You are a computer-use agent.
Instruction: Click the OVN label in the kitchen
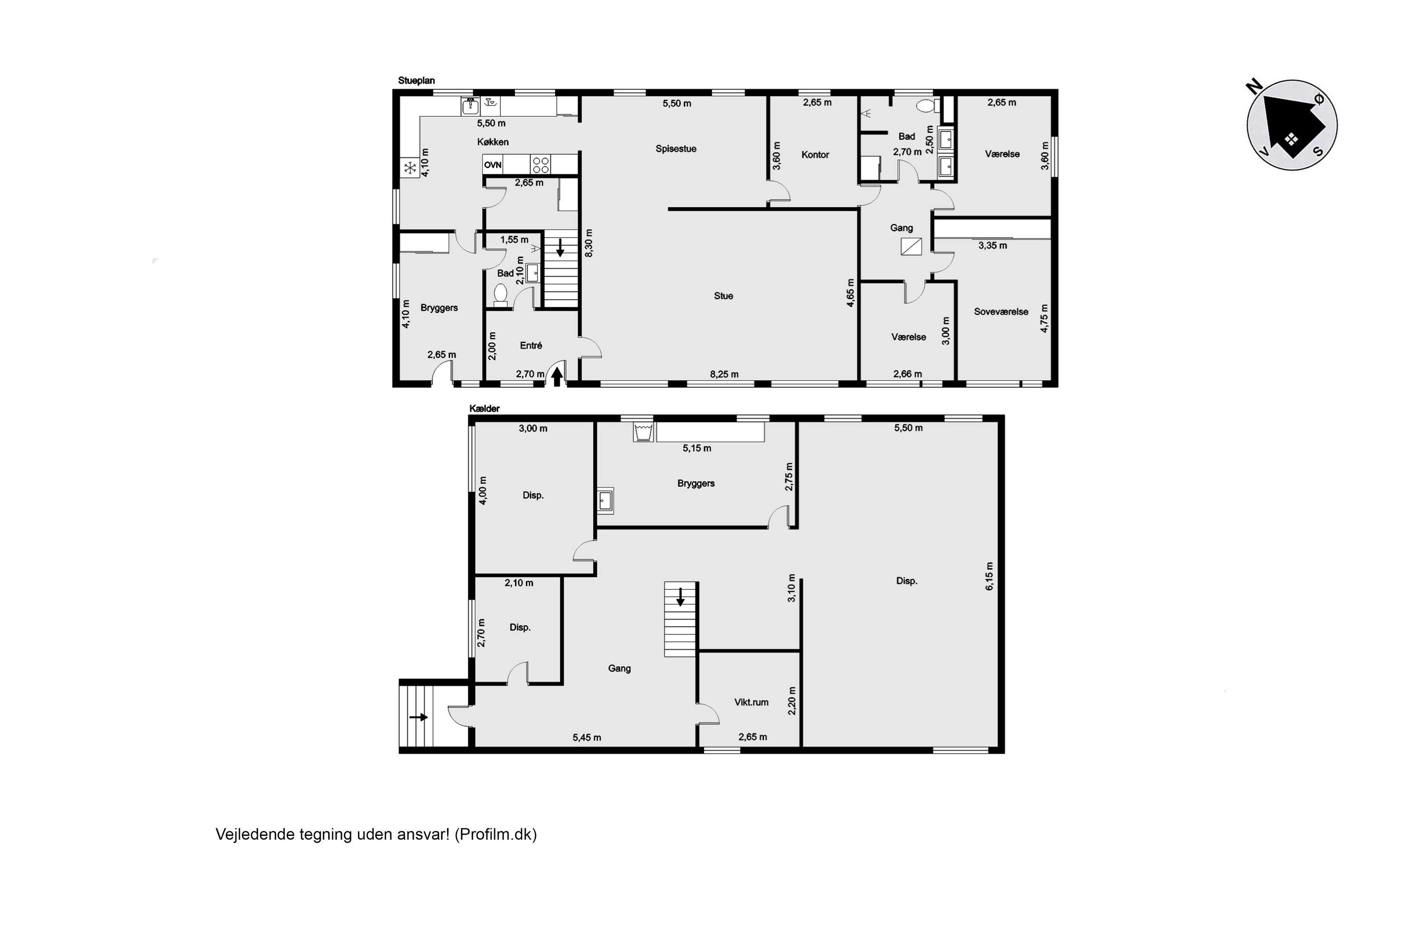[493, 165]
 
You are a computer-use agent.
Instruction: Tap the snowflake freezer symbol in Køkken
[410, 168]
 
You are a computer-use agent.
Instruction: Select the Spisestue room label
[676, 148]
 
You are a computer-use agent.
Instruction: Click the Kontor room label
[815, 155]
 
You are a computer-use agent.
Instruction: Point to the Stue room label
[723, 296]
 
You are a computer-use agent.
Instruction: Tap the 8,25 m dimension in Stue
[724, 374]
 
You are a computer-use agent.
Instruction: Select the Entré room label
[531, 345]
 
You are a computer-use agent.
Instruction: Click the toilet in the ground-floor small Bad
[500, 294]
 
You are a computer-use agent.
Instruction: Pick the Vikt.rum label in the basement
[751, 702]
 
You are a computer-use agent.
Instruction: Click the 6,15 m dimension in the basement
[989, 576]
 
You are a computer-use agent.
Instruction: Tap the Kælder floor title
[484, 409]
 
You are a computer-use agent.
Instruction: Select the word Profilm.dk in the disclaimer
[496, 835]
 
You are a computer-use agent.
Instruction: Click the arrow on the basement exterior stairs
[419, 718]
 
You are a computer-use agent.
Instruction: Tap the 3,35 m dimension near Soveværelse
[993, 246]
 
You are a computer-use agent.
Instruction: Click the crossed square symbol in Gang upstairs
[911, 247]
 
